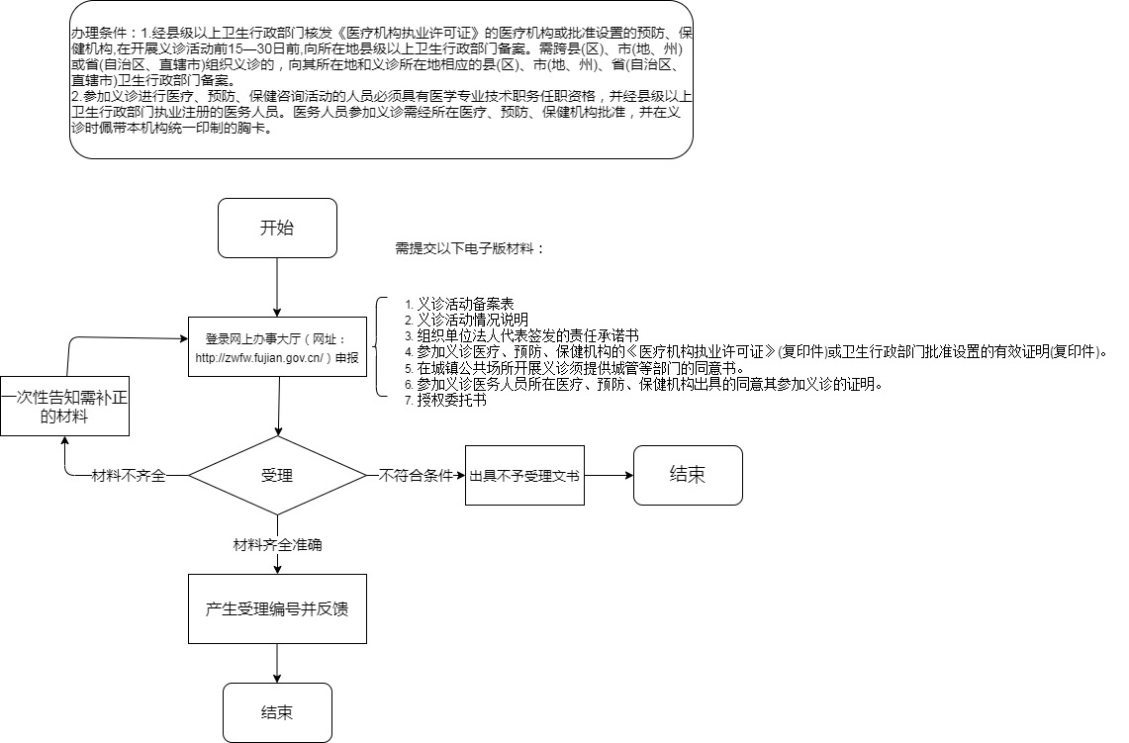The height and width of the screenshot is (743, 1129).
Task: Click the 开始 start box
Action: (277, 228)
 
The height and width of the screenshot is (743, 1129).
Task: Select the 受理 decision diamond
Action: (277, 475)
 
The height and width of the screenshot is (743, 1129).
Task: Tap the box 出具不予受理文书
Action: (524, 475)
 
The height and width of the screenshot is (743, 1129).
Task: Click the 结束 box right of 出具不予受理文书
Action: (688, 475)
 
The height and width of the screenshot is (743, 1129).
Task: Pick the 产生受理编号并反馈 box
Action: (277, 608)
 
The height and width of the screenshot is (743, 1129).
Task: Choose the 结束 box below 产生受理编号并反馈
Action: (277, 712)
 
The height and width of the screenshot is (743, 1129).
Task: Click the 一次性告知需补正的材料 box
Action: (64, 406)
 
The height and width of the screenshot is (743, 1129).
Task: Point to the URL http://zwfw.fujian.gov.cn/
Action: (260, 357)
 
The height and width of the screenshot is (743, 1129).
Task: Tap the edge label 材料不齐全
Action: (128, 475)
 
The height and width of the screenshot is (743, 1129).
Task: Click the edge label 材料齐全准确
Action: (277, 544)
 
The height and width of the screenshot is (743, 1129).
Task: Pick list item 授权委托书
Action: (451, 401)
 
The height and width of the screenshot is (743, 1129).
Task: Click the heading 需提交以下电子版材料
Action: (469, 248)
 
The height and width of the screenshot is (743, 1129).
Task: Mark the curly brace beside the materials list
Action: (379, 347)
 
